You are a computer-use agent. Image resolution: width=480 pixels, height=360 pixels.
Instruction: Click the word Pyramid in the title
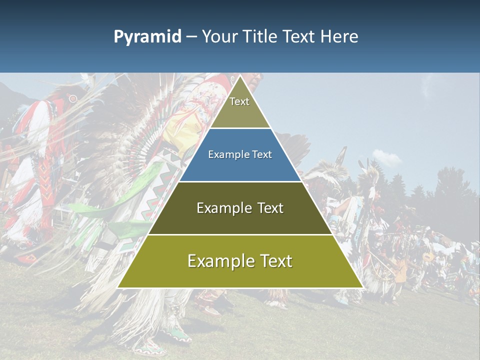147,37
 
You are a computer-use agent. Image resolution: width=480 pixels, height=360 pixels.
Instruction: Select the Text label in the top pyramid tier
239,101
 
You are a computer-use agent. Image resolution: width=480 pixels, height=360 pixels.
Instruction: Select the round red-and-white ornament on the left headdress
73,98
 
